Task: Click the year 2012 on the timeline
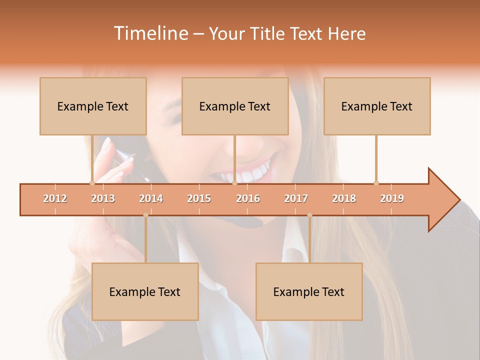(55, 198)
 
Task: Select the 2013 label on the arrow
(103, 198)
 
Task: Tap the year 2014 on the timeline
(151, 198)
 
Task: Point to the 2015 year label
(199, 198)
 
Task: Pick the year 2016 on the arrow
(248, 198)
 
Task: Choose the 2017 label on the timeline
(296, 198)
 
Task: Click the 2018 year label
(344, 198)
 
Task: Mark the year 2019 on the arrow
(392, 198)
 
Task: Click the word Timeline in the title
(150, 33)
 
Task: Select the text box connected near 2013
(93, 106)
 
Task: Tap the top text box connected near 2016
(235, 106)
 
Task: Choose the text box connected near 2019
(377, 106)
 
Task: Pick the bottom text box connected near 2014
(145, 291)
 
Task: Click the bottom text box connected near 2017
(309, 291)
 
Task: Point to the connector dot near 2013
(92, 183)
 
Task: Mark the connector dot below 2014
(145, 215)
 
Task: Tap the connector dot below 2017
(309, 215)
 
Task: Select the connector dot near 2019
(376, 183)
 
